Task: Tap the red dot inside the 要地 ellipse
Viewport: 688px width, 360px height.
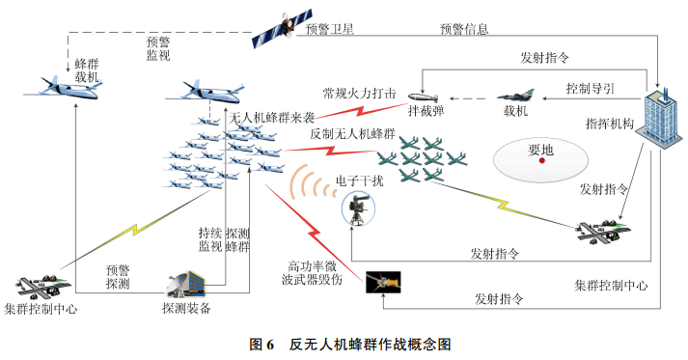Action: (x=542, y=161)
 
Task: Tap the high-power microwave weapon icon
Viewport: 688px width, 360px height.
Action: (x=383, y=282)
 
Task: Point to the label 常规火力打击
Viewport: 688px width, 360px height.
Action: (x=359, y=95)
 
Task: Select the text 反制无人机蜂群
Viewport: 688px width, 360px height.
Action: (x=352, y=133)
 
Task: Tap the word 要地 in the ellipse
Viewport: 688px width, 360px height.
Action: (x=541, y=149)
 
